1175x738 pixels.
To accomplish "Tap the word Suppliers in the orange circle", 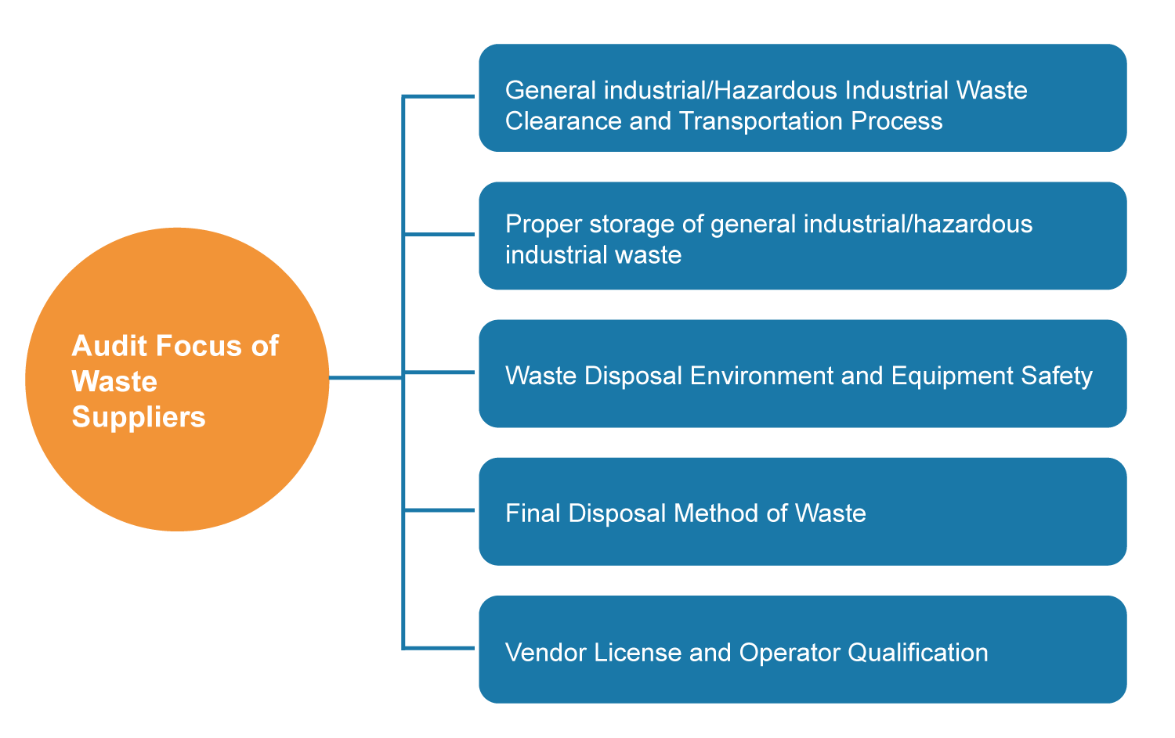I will pos(139,417).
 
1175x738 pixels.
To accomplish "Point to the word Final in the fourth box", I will pos(533,513).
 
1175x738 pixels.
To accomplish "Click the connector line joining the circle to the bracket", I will pos(365,378).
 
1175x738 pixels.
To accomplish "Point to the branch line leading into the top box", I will pos(439,96).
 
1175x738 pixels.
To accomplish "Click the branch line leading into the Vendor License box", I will pos(439,648).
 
